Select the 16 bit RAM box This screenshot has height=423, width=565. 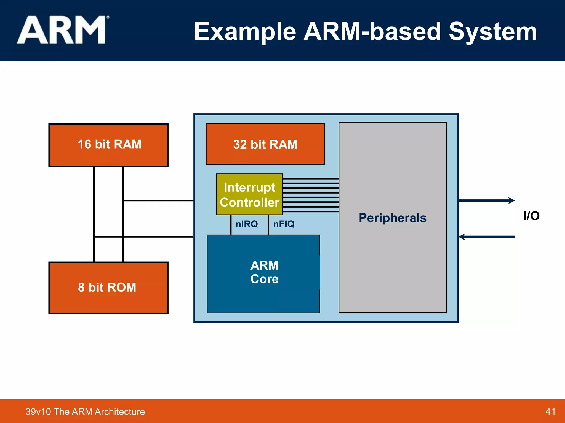(x=108, y=145)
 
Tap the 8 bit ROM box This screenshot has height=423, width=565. (x=108, y=288)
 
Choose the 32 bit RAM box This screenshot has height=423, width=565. (x=265, y=144)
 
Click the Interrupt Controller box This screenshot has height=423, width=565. (x=249, y=194)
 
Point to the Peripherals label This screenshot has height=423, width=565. (x=393, y=218)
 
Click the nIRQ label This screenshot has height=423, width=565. (x=247, y=224)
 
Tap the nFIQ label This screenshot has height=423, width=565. (x=284, y=224)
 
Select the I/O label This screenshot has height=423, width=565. (x=531, y=216)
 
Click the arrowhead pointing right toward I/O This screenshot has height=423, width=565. (x=512, y=200)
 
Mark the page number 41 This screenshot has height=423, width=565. (x=550, y=411)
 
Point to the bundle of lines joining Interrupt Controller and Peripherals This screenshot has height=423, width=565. (x=311, y=195)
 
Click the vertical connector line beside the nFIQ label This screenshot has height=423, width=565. (x=268, y=225)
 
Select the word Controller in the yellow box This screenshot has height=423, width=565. (x=249, y=203)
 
